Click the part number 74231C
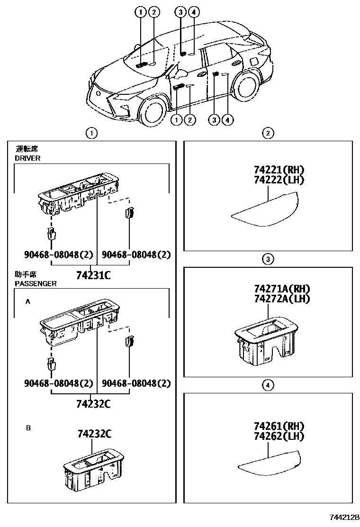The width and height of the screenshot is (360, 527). tap(93, 274)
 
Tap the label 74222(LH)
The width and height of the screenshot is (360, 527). tap(279, 180)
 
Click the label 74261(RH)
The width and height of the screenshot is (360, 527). tap(279, 426)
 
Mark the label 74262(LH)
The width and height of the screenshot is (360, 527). tap(279, 436)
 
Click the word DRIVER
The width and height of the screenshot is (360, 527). tap(28, 158)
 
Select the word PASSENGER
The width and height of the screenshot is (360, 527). tap(36, 283)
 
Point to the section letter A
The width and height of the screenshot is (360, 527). tap(28, 301)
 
